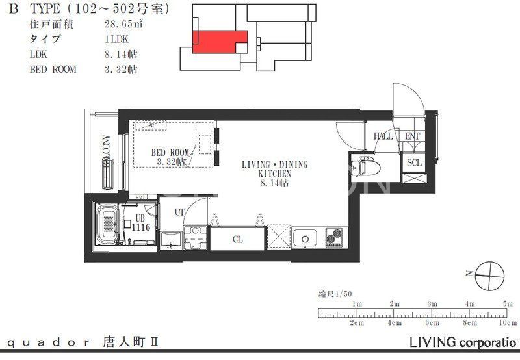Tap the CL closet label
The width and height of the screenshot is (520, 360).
coord(238,239)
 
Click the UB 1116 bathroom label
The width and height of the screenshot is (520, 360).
coord(140,223)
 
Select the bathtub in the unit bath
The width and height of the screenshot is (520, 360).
coord(105,225)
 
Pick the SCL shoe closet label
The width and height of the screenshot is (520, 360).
coord(414,163)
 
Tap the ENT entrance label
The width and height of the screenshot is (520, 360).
coord(413,136)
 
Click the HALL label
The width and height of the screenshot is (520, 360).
coord(383,136)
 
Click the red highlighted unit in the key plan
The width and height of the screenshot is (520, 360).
coord(219,40)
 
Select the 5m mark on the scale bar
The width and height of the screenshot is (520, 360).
coord(507,304)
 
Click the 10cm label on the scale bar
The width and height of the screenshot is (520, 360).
coord(507,323)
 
